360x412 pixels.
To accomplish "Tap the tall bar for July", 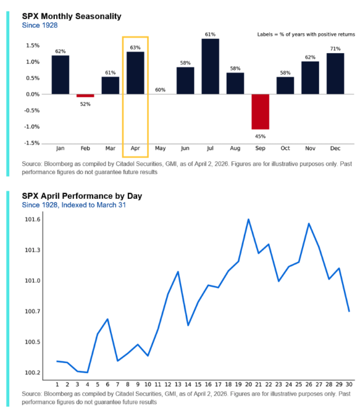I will click(x=210, y=66).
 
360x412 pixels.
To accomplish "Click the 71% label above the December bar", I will click(x=335, y=48).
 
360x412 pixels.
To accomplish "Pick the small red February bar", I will click(x=85, y=96).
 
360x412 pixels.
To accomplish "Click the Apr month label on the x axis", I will click(x=135, y=149).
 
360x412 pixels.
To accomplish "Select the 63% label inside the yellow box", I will click(x=135, y=47).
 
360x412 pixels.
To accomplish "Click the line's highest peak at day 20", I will click(x=248, y=219).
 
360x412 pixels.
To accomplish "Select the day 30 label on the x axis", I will click(x=350, y=384).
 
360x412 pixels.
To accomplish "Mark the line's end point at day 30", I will click(x=350, y=311).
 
